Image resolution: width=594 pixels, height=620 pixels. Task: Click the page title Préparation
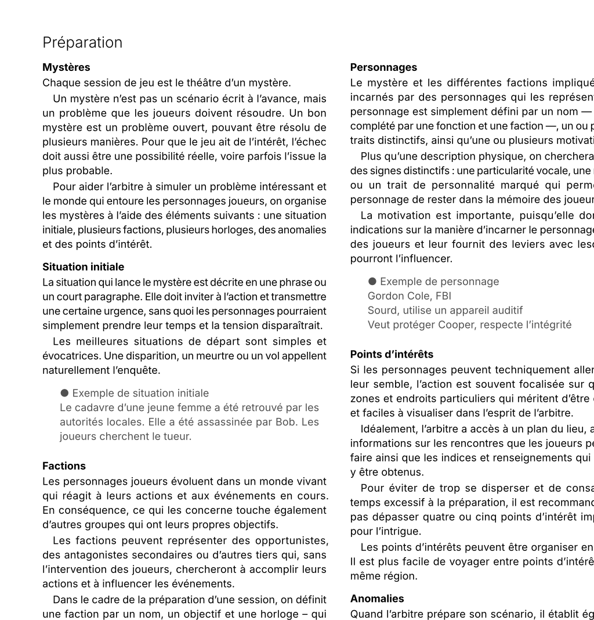tap(82, 43)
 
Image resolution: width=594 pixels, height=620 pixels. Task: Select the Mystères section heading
tap(66, 67)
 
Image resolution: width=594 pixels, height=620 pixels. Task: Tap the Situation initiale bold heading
tap(83, 267)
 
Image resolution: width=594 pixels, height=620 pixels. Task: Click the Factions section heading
tap(64, 466)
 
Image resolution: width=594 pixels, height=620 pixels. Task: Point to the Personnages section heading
tap(383, 67)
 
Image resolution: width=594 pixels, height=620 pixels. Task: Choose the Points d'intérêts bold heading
tap(392, 354)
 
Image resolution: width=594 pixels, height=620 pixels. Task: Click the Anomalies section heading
tap(377, 599)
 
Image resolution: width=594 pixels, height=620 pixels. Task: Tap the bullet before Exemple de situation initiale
tap(64, 393)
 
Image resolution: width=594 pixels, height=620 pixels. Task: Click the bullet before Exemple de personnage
tap(372, 282)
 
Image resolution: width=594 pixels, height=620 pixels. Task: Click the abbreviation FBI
tap(443, 296)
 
